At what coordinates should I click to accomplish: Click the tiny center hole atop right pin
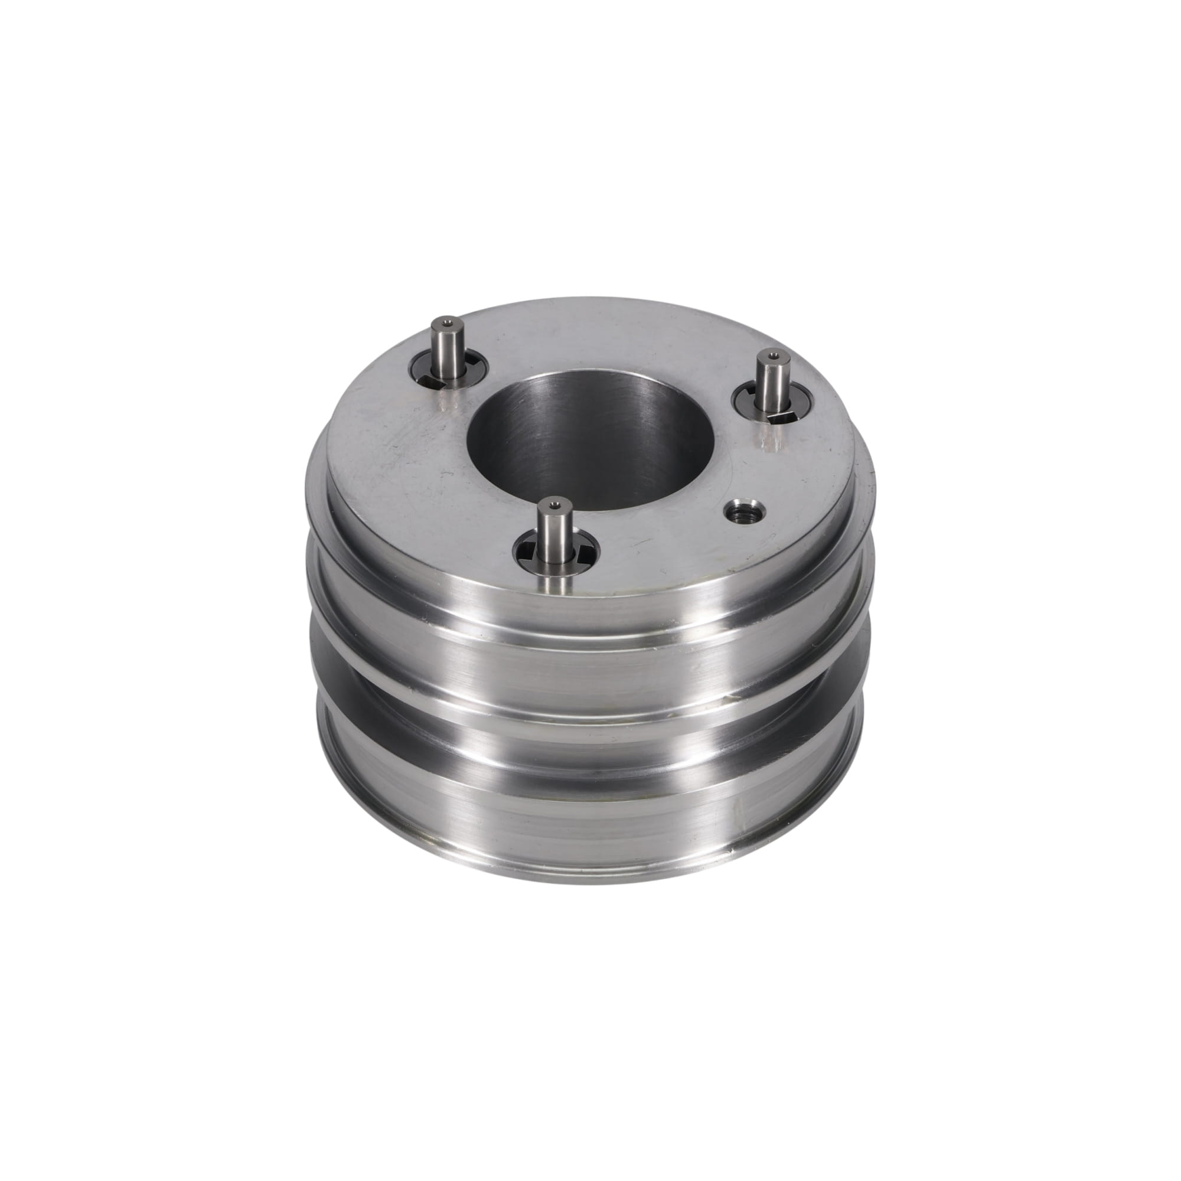point(774,355)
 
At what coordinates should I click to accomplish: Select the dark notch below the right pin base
point(782,417)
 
